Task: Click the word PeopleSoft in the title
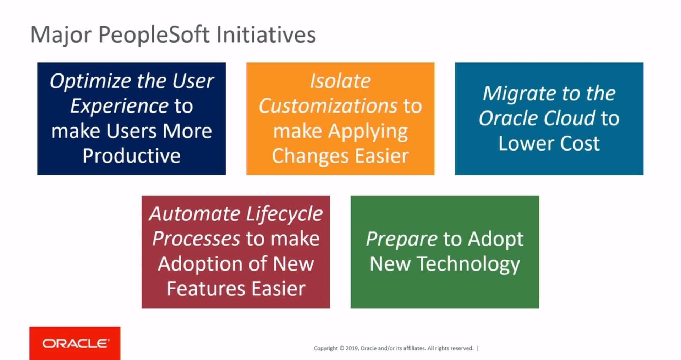(154, 35)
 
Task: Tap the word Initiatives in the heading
(266, 34)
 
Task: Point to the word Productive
(132, 156)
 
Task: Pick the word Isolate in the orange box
(340, 81)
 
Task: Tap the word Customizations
(328, 106)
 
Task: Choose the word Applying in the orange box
(368, 132)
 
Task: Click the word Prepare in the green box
(402, 240)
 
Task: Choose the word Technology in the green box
(468, 264)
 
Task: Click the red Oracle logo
(75, 343)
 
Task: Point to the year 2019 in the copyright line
(352, 348)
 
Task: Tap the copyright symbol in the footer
(342, 348)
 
